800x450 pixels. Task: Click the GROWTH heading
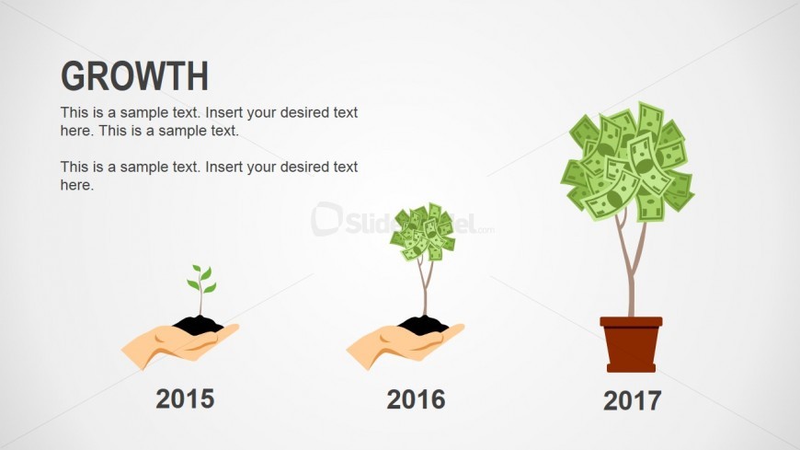click(134, 76)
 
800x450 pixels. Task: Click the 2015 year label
click(185, 398)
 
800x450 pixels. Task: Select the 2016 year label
click(416, 399)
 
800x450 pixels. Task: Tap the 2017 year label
click(632, 400)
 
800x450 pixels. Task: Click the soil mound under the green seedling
click(198, 324)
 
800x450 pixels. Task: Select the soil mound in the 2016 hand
click(423, 324)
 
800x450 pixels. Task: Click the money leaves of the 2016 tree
click(421, 231)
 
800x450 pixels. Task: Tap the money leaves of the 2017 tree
click(627, 162)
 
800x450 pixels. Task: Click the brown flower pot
click(631, 348)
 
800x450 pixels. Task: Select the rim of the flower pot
click(631, 321)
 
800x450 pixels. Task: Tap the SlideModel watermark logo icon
click(326, 218)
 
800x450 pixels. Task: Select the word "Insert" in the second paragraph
click(224, 167)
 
